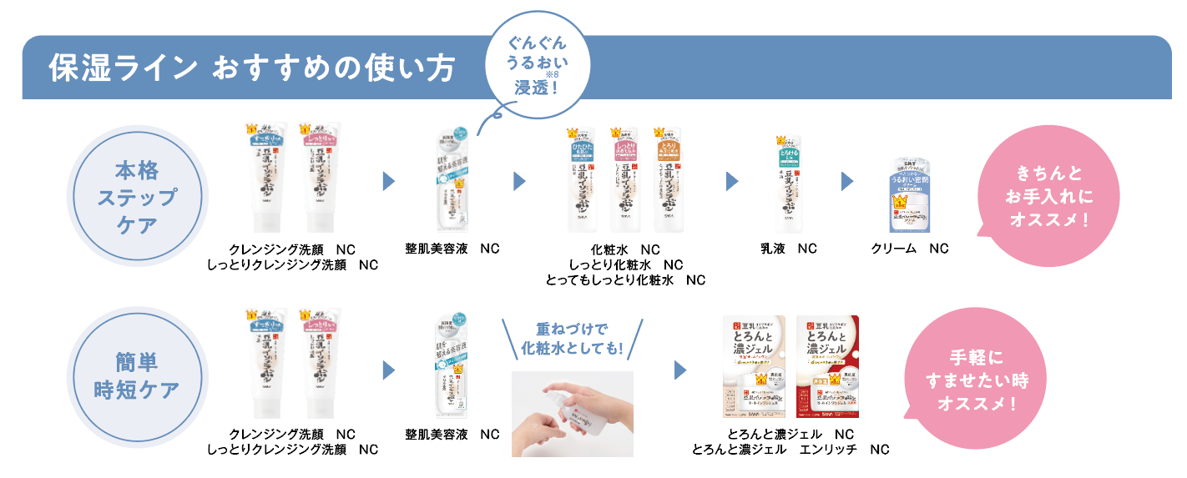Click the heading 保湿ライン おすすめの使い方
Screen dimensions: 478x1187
coord(251,68)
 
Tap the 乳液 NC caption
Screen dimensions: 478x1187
coord(788,249)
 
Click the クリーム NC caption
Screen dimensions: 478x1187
coord(910,249)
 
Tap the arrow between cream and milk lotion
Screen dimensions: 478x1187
coord(847,181)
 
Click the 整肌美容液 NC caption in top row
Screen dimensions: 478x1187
coord(452,249)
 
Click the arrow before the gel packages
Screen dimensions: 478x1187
coord(679,369)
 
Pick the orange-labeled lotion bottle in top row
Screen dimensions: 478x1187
coord(668,179)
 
